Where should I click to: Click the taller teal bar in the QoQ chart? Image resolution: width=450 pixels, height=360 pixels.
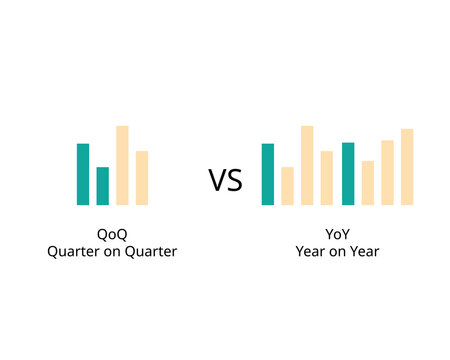pyautogui.click(x=83, y=174)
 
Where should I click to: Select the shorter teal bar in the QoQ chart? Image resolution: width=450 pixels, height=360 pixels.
pyautogui.click(x=102, y=186)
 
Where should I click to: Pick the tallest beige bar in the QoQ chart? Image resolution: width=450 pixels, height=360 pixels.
pyautogui.click(x=122, y=165)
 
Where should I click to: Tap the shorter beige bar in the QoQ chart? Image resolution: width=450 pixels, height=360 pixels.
pyautogui.click(x=142, y=178)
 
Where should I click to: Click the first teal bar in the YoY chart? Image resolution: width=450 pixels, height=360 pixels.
pyautogui.click(x=268, y=174)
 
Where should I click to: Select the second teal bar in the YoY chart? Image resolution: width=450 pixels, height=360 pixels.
pyautogui.click(x=348, y=174)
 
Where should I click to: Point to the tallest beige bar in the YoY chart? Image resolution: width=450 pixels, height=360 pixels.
pyautogui.click(x=308, y=165)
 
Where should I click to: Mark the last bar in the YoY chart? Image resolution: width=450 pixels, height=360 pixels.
pyautogui.click(x=407, y=167)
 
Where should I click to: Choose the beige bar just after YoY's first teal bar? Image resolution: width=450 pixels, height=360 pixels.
pyautogui.click(x=288, y=186)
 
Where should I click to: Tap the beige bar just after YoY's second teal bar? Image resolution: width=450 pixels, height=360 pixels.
pyautogui.click(x=368, y=183)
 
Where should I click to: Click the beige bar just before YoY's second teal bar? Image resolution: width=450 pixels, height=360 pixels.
pyautogui.click(x=327, y=178)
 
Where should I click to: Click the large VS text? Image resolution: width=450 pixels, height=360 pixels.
pyautogui.click(x=225, y=181)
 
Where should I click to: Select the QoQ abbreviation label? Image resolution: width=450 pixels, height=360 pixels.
pyautogui.click(x=112, y=234)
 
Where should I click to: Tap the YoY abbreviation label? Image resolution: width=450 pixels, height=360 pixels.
pyautogui.click(x=337, y=234)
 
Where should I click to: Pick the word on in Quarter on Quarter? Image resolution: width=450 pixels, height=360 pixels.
pyautogui.click(x=112, y=252)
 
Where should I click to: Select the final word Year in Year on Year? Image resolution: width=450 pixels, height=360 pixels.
pyautogui.click(x=365, y=252)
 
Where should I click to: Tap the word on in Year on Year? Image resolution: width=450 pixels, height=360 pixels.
pyautogui.click(x=337, y=252)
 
